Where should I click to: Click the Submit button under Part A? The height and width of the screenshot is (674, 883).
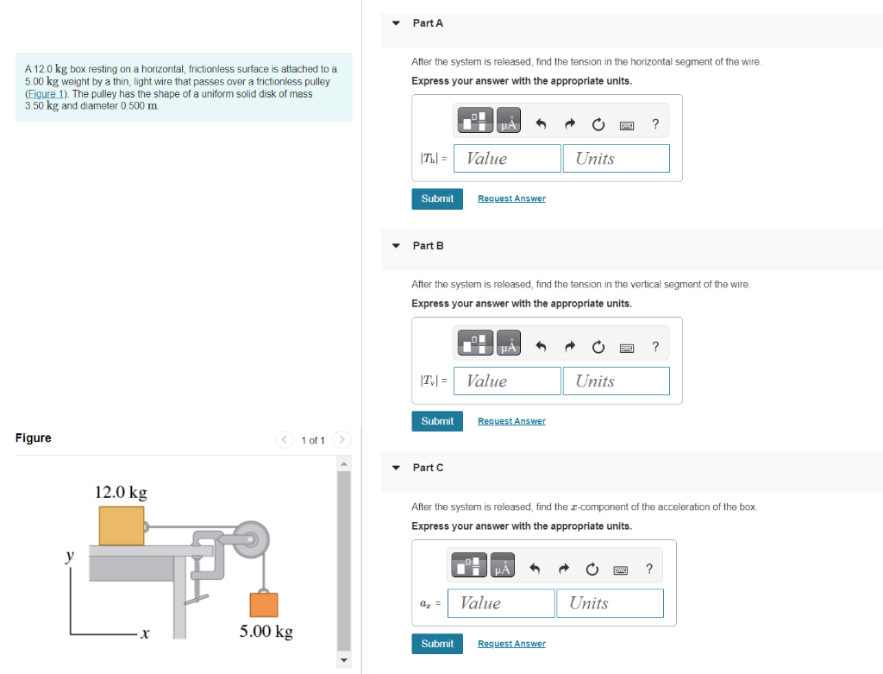437,199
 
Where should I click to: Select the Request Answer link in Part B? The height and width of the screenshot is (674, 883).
511,421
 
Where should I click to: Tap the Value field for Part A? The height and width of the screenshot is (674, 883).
507,158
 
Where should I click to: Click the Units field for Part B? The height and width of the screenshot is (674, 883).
616,381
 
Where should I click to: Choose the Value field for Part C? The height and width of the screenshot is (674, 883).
501,603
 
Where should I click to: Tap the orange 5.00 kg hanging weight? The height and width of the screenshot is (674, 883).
264,605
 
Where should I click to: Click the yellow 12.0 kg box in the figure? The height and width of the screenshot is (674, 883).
122,526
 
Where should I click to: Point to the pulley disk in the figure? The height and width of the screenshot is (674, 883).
251,539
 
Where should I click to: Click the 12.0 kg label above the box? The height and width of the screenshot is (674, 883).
121,492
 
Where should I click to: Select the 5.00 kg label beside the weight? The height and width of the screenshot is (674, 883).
266,631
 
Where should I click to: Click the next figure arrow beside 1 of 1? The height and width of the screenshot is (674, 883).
341,439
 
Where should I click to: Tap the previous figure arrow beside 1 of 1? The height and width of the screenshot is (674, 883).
285,439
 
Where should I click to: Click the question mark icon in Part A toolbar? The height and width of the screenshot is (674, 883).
655,124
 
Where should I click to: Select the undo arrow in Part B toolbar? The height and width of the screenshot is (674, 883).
541,346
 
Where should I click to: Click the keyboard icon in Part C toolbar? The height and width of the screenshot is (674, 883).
621,570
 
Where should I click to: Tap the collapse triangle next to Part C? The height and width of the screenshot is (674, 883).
396,468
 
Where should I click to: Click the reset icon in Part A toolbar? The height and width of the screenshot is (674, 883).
598,124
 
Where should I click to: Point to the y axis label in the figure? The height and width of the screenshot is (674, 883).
69,556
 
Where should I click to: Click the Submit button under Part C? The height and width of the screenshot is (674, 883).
437,644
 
